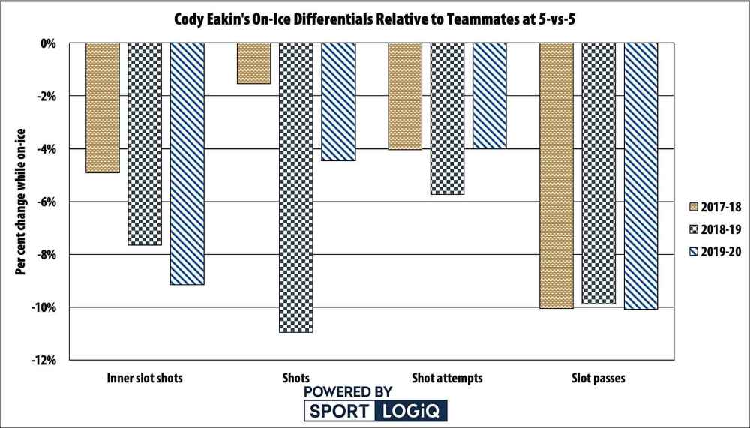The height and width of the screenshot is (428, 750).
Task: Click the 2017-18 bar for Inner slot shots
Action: [x=103, y=108]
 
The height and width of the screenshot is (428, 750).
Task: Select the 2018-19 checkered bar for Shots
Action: [x=295, y=187]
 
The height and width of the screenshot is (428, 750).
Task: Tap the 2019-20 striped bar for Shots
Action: [x=338, y=102]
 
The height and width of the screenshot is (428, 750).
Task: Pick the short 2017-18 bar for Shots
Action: [x=253, y=63]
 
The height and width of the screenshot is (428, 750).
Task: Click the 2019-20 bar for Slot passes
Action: [x=641, y=175]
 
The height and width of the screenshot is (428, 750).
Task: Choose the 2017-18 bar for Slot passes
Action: [x=556, y=175]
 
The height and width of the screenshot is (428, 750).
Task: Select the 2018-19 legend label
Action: [x=721, y=229]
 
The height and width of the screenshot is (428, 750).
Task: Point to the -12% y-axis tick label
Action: [x=45, y=361]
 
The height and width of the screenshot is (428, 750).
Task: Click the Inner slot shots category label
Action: [x=145, y=379]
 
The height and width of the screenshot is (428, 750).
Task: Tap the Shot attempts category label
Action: [x=447, y=379]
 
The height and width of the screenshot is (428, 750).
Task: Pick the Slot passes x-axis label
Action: [x=598, y=379]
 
